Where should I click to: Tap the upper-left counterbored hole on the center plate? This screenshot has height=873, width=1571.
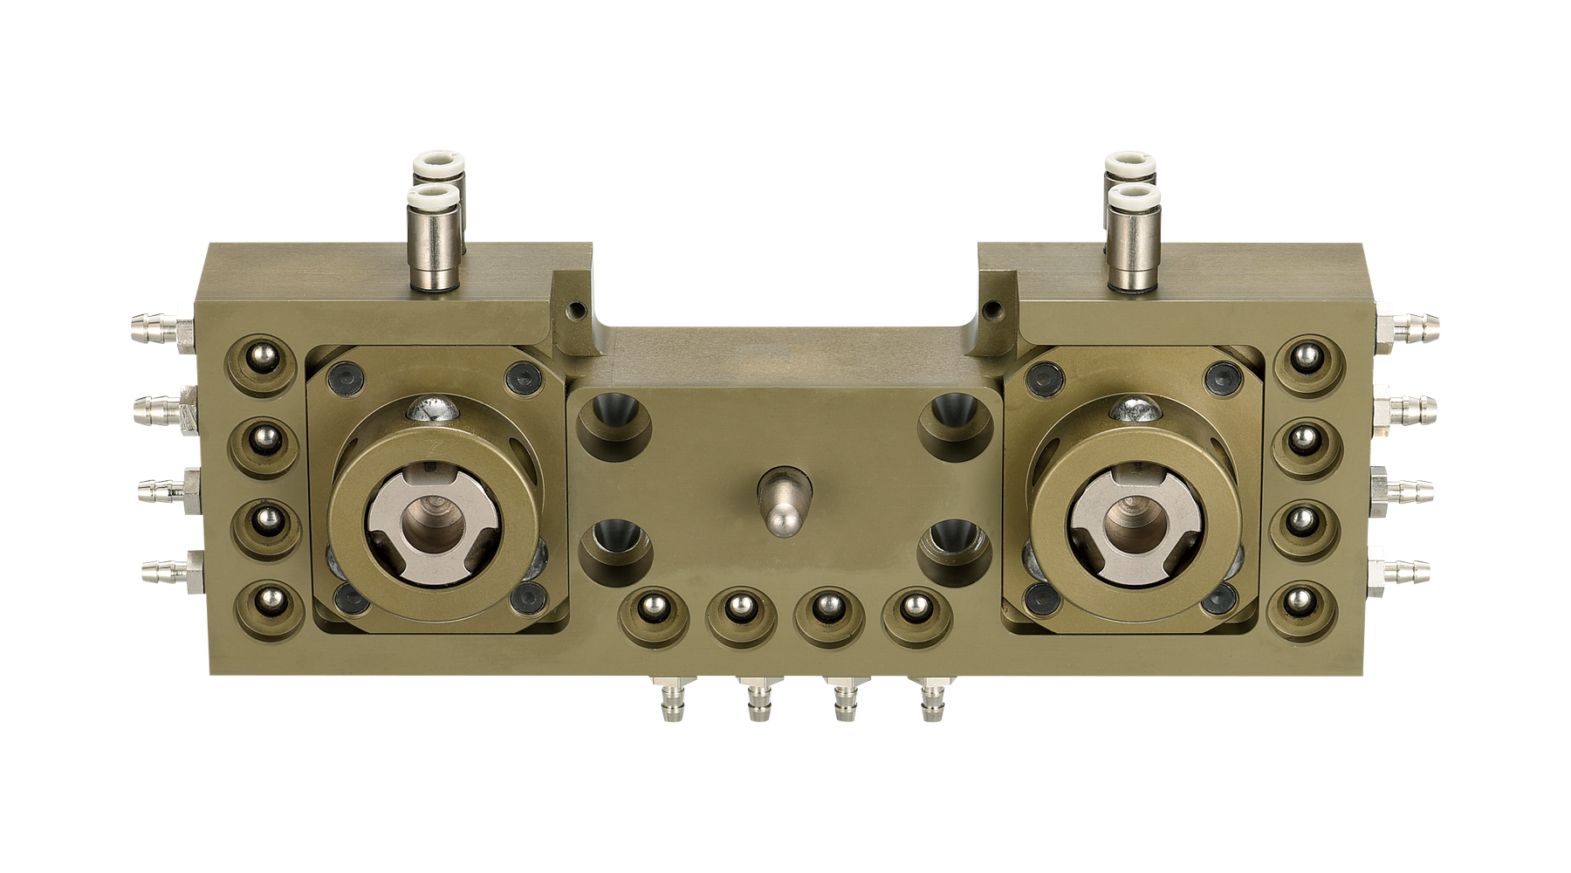614,423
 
